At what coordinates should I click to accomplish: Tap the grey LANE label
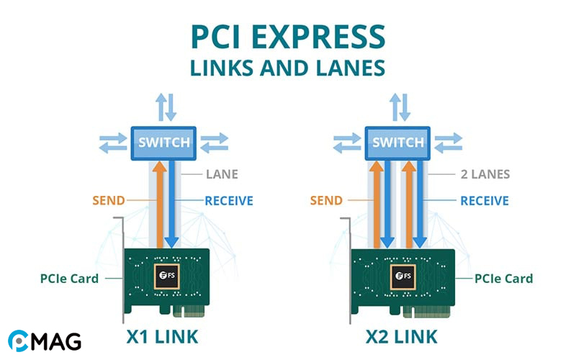(x=220, y=174)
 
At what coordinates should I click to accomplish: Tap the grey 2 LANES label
(x=485, y=174)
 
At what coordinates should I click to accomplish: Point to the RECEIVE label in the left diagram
(x=228, y=200)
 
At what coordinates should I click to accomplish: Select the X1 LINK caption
(x=168, y=336)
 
